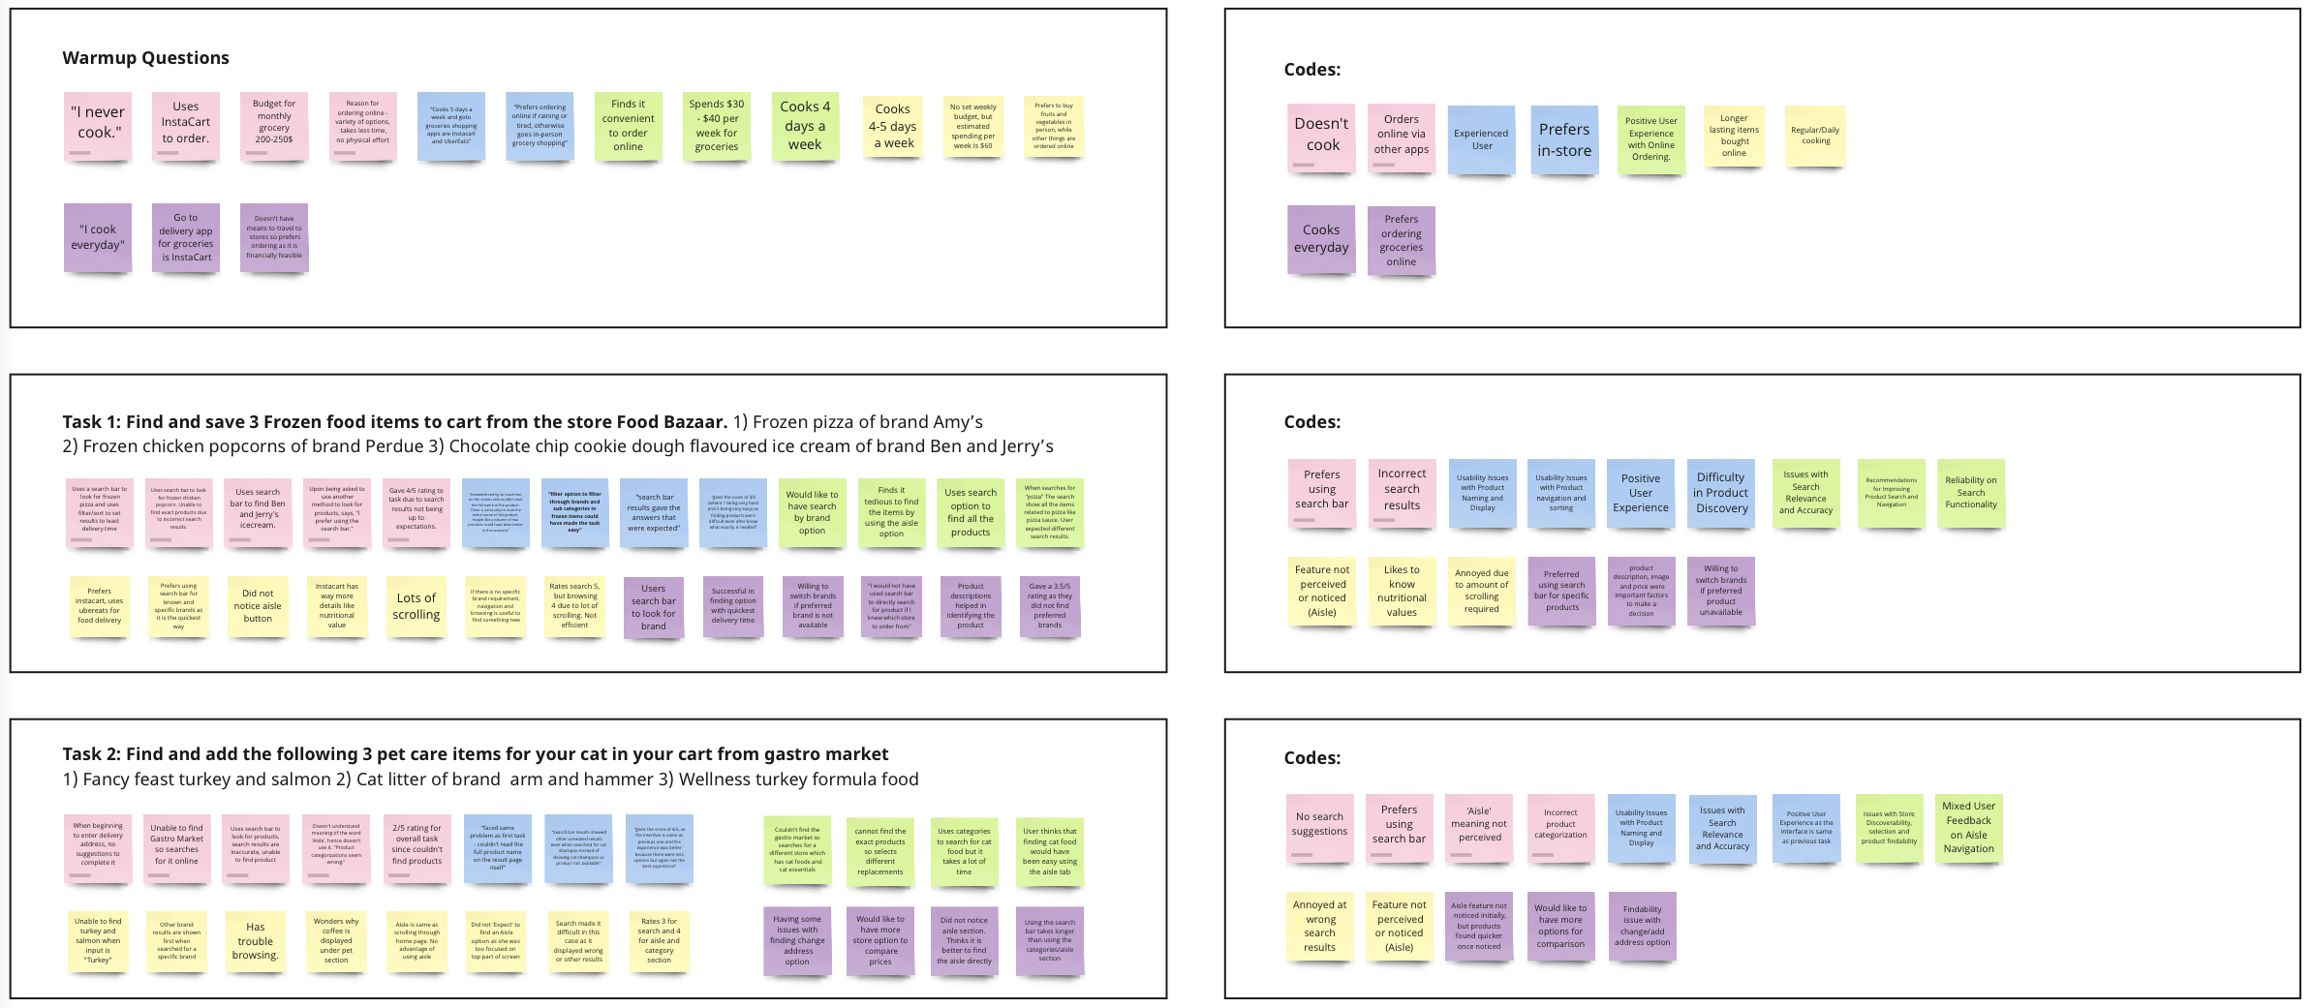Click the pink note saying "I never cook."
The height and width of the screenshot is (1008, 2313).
point(97,125)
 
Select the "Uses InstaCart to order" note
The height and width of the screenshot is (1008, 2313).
point(185,125)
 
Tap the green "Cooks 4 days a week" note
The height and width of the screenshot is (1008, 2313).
point(805,125)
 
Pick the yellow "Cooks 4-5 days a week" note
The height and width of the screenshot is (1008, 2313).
point(892,126)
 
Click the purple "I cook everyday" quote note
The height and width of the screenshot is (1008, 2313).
point(97,237)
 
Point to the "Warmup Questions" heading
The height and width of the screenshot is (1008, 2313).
point(145,58)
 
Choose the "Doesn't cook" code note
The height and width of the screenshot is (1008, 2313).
point(1321,137)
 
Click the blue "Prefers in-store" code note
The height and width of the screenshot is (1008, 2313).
point(1563,139)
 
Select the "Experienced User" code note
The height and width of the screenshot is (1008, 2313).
point(1481,139)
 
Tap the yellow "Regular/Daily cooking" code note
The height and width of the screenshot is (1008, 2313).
point(1815,136)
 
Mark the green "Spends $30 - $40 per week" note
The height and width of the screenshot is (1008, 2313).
point(717,125)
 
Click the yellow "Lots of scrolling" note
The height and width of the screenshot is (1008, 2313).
point(416,606)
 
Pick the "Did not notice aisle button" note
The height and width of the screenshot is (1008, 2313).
point(258,606)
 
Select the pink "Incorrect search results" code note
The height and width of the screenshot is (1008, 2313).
point(1402,491)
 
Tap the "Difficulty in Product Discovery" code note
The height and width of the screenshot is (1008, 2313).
point(1721,493)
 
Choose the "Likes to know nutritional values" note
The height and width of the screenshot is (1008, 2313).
point(1402,591)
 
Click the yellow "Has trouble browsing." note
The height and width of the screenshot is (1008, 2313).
point(256,941)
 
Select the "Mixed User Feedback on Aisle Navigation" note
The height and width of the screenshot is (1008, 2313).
point(1968,828)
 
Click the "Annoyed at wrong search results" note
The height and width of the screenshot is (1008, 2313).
point(1319,927)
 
